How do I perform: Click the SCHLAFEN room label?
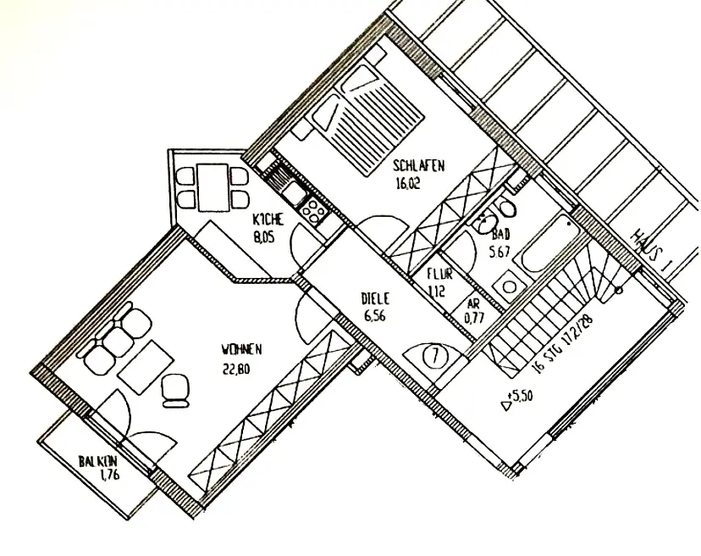click(418, 166)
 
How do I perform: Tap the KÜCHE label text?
click(269, 220)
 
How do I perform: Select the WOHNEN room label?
click(241, 348)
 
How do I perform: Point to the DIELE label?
click(374, 298)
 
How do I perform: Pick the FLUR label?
click(439, 274)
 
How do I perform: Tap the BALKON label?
click(97, 462)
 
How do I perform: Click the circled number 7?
click(433, 355)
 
